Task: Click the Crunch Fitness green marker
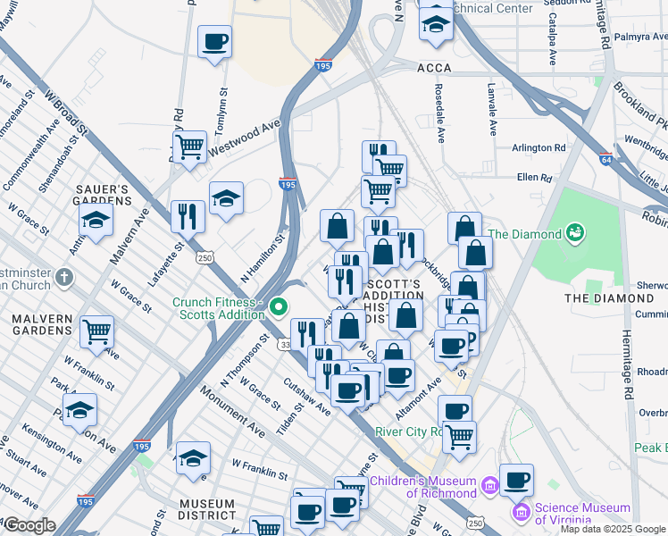(x=279, y=308)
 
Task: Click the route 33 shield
(x=286, y=344)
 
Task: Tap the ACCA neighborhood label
(x=433, y=68)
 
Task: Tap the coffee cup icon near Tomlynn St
(x=214, y=40)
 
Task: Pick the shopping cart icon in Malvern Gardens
(x=96, y=331)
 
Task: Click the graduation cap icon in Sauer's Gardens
(x=96, y=219)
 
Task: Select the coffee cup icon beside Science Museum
(x=516, y=480)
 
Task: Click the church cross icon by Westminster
(x=63, y=278)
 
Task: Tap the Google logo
(x=29, y=525)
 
